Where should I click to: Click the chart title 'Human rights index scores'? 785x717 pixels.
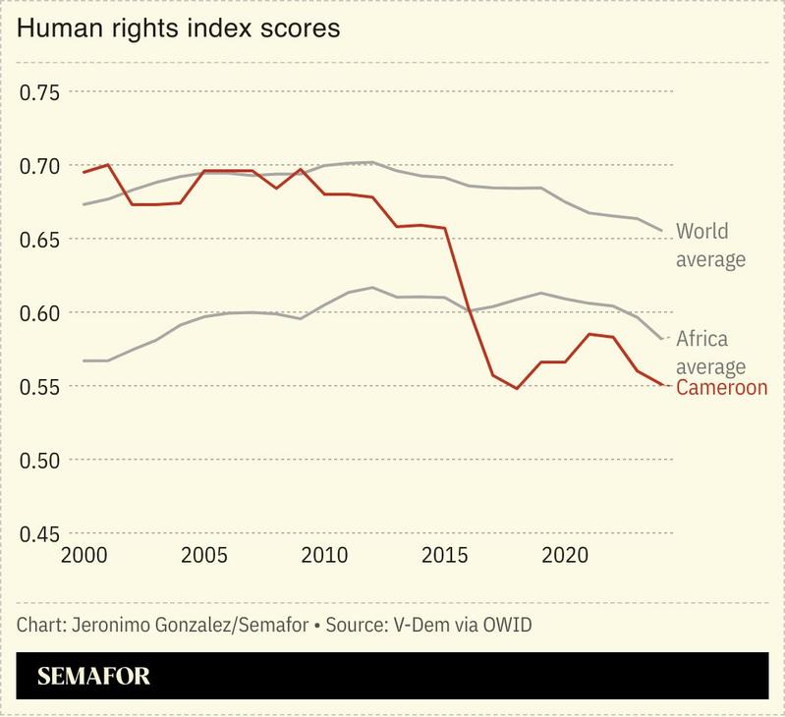tap(178, 28)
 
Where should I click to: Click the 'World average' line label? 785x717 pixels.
tap(710, 246)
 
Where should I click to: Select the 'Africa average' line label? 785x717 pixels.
tap(710, 353)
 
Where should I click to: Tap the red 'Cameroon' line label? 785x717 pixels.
tap(722, 388)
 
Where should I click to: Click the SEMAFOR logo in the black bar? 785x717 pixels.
tap(93, 676)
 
